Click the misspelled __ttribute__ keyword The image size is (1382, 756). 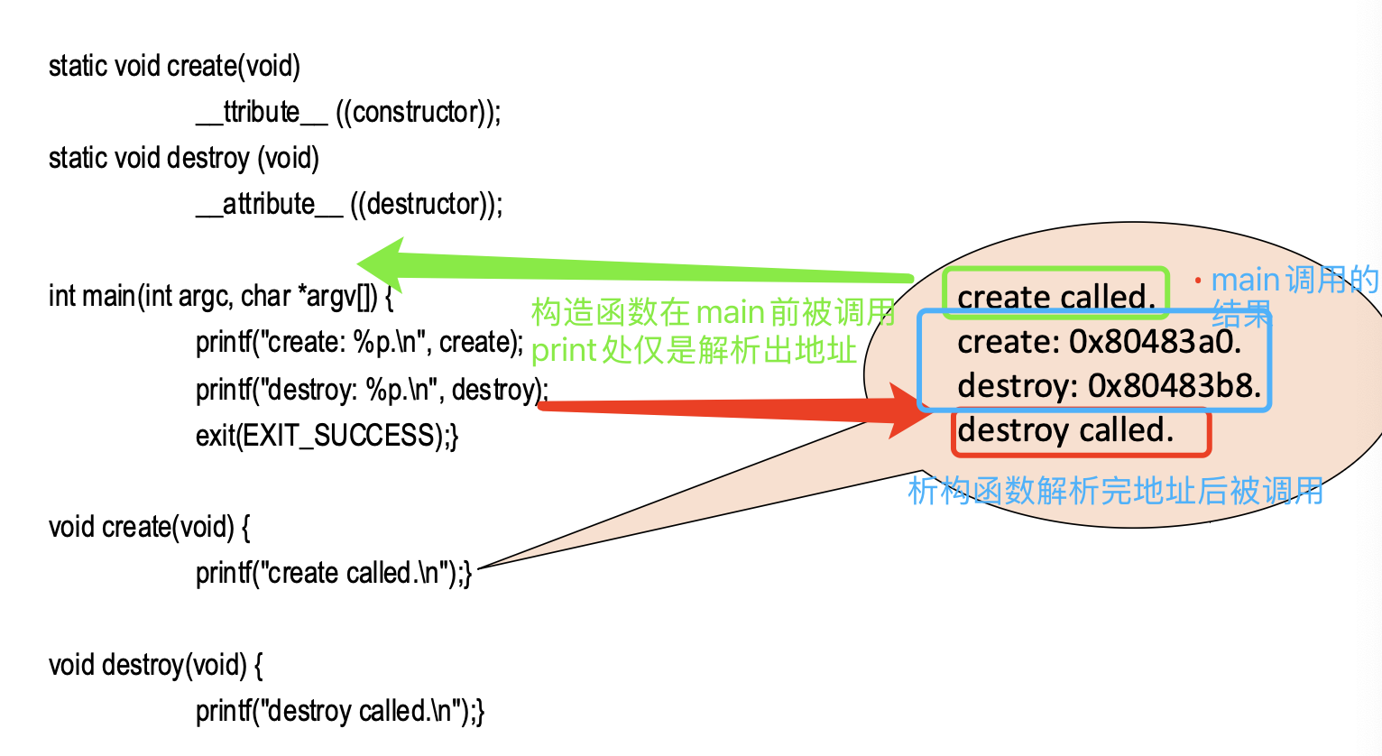pos(262,113)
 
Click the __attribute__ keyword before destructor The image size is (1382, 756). pos(269,205)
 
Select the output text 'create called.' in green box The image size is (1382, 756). pos(1056,297)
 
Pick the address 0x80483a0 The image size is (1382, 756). pos(1156,342)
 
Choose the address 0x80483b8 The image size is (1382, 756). pos(1175,386)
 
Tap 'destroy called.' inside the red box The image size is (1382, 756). pos(1065,430)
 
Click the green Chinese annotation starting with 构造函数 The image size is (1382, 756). pos(713,312)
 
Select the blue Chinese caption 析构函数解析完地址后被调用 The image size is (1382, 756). pos(1115,492)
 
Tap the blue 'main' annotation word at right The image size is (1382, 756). pos(1245,281)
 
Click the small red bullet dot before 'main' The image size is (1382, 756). pos(1198,281)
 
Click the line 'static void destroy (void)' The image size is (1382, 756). pos(184,159)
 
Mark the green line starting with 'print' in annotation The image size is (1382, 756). pos(693,350)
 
